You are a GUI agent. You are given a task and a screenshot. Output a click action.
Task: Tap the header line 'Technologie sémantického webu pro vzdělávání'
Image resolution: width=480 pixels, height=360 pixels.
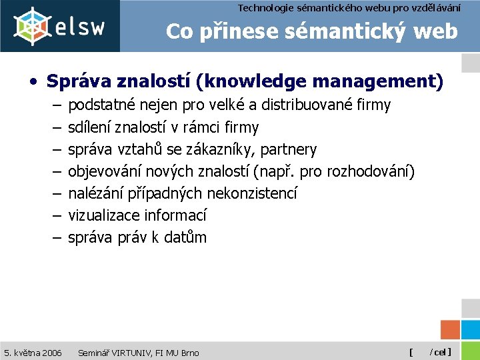[x=358, y=7]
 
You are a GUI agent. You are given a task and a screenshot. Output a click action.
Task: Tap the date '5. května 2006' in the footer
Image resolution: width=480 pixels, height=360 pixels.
[x=33, y=352]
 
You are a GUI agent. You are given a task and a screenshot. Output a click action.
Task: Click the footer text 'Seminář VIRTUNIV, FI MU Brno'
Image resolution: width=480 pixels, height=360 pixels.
[x=138, y=352]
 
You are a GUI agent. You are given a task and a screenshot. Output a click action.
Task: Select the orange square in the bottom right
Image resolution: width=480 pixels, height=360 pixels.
[x=451, y=330]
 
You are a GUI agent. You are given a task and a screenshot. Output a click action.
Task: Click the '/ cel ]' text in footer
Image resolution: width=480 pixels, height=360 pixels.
[x=440, y=352]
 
